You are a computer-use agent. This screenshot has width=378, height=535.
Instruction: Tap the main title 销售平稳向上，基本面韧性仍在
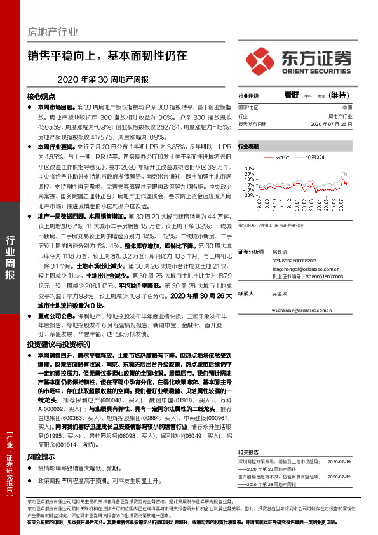pyautogui.click(x=107, y=55)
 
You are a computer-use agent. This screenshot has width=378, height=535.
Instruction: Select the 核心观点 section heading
pyautogui.click(x=42, y=97)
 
